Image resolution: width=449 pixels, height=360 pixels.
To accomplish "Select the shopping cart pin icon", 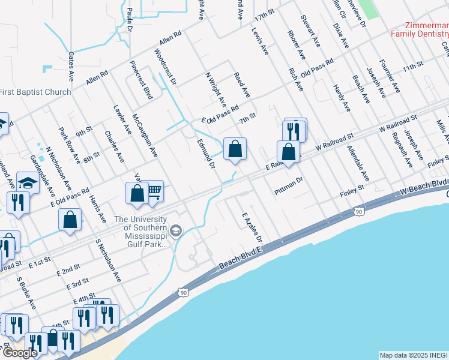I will (154, 191).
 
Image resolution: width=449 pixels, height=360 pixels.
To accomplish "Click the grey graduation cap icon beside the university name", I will (176, 230).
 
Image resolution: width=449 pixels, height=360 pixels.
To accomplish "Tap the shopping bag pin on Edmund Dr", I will (235, 148).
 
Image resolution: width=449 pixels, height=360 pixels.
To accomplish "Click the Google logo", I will (20, 353).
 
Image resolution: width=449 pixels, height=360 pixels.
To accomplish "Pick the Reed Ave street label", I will (242, 84).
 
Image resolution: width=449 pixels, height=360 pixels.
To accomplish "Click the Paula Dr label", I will (130, 19).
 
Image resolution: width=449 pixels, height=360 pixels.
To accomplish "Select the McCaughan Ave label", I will (145, 135).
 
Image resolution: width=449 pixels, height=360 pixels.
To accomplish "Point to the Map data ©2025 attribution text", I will (414, 355).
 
